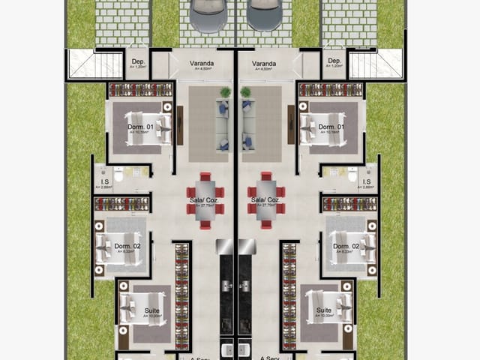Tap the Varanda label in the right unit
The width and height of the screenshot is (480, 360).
(265, 64)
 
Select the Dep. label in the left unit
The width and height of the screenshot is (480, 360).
(137, 61)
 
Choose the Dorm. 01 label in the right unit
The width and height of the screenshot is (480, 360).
(331, 127)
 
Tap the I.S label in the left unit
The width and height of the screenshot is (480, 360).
(106, 181)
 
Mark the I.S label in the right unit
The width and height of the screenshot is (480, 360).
(367, 181)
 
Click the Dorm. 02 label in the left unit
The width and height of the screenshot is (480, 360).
(127, 246)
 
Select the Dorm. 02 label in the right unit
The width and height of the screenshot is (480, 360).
(346, 246)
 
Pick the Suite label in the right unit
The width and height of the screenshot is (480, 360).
(324, 310)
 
